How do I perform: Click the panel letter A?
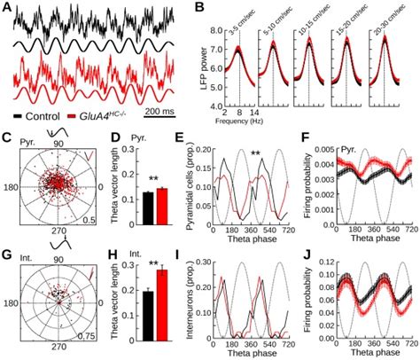7,6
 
